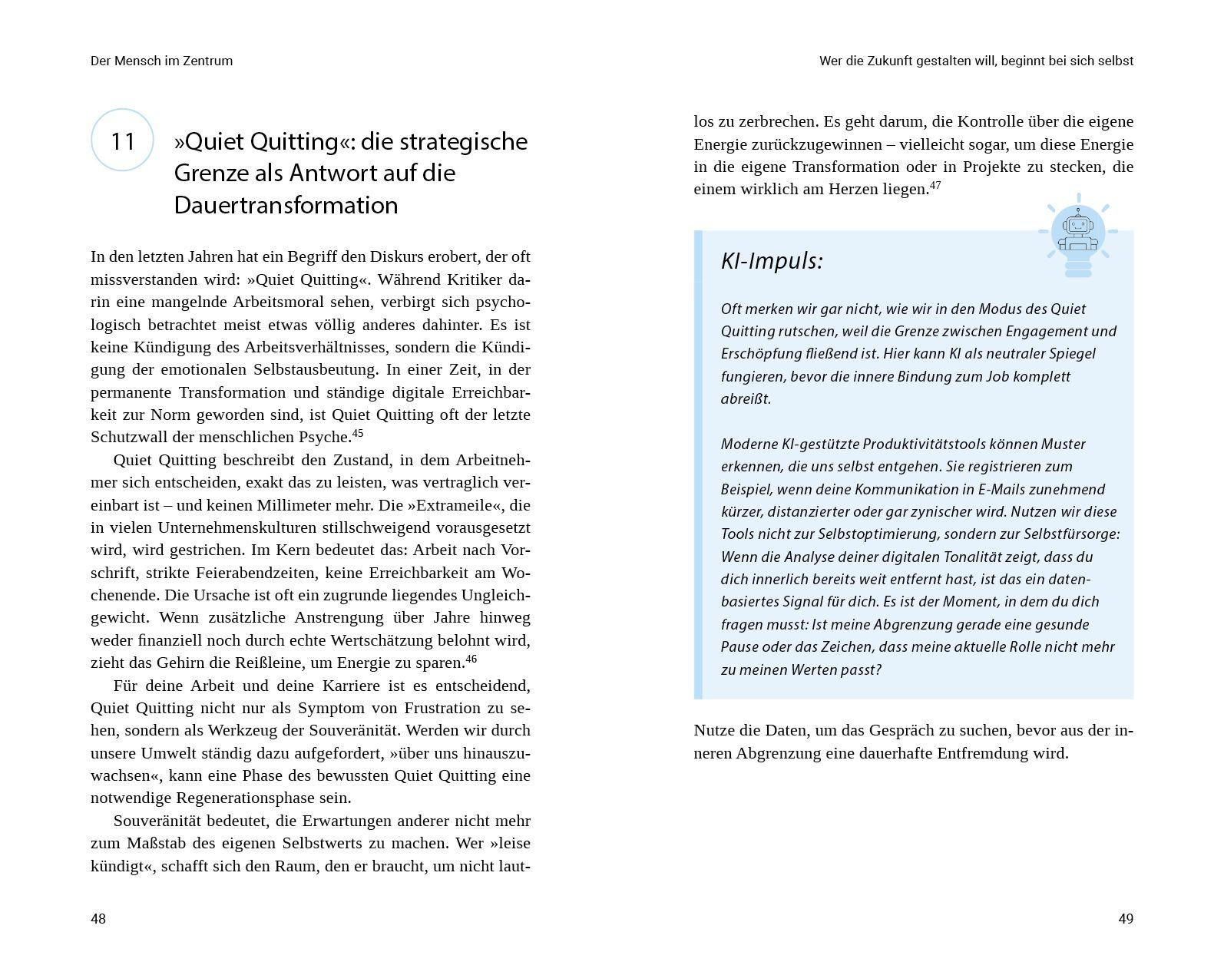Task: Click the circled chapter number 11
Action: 122,140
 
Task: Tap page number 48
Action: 98,919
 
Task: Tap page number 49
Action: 1125,919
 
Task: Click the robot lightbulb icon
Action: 1077,234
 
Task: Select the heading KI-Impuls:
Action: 771,261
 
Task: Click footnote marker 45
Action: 357,433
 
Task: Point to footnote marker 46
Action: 471,658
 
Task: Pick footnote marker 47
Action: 935,185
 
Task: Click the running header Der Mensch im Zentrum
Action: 161,61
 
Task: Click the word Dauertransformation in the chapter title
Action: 286,205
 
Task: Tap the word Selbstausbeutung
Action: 314,369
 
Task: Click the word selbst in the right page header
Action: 1116,61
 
